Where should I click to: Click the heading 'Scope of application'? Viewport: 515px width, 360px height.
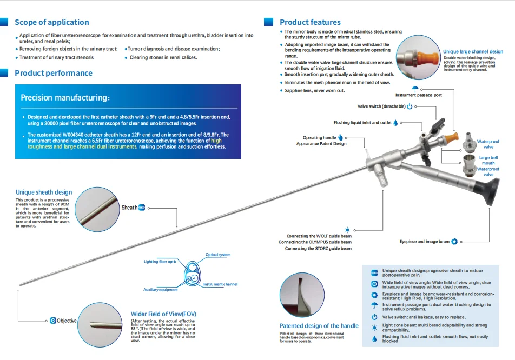click(51, 22)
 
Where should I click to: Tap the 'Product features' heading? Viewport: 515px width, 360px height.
click(310, 22)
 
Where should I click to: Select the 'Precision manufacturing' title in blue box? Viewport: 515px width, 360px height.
click(65, 98)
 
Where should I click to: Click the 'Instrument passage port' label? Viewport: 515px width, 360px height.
click(419, 95)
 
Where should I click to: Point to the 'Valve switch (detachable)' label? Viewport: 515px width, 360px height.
click(381, 106)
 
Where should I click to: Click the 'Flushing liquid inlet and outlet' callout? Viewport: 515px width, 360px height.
click(362, 123)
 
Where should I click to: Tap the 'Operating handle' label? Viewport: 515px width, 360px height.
click(319, 138)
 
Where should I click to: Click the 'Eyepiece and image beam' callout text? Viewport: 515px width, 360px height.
click(425, 242)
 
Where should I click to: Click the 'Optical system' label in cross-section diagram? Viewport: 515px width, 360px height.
click(217, 255)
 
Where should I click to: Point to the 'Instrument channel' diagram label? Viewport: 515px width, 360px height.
click(220, 284)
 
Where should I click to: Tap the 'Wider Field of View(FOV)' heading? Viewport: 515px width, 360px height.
click(164, 314)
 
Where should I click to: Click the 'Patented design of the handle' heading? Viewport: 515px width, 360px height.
click(319, 326)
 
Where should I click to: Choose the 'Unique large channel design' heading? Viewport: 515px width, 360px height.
click(473, 52)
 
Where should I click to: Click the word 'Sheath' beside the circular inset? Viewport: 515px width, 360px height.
click(129, 208)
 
